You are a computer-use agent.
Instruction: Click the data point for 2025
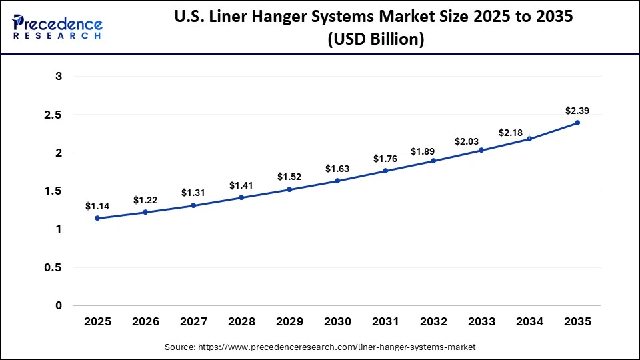(x=97, y=218)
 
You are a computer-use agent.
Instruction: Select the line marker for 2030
(x=337, y=181)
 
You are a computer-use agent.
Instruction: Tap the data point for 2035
(x=577, y=123)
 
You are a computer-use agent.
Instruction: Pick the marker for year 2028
(x=241, y=197)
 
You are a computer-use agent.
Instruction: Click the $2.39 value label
(x=577, y=110)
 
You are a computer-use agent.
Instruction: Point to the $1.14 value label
(x=97, y=206)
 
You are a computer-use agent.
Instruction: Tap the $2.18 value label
(x=511, y=133)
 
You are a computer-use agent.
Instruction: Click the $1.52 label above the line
(x=289, y=177)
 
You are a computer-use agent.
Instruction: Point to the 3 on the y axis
(x=59, y=77)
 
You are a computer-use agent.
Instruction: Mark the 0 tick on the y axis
(x=59, y=305)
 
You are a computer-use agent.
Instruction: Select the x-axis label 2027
(x=193, y=321)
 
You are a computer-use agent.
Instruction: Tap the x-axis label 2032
(x=433, y=321)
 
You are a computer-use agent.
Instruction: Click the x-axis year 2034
(x=529, y=321)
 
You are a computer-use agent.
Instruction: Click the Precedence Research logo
(x=57, y=27)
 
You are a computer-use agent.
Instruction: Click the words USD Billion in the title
(x=375, y=40)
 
